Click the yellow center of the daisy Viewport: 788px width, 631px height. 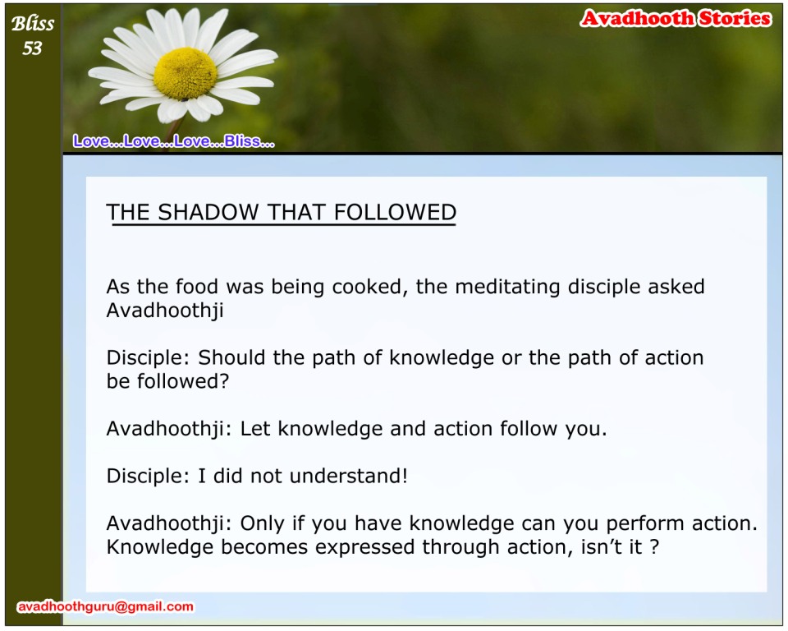tap(185, 73)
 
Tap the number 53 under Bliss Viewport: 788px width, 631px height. tap(32, 48)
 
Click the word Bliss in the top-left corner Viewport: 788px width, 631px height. tap(33, 24)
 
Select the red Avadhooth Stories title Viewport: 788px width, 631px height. tap(676, 19)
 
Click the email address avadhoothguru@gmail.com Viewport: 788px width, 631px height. tap(106, 606)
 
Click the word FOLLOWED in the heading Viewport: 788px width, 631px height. tap(395, 212)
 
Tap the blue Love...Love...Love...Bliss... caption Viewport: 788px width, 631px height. tap(174, 141)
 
